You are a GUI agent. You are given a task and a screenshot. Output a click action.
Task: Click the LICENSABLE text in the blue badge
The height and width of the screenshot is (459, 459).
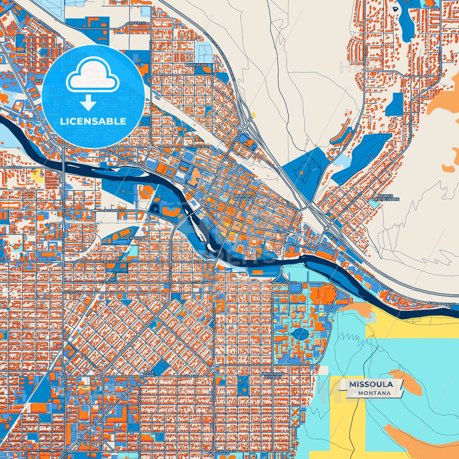coord(93,121)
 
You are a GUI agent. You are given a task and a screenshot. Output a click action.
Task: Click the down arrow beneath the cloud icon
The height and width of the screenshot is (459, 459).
coord(88,102)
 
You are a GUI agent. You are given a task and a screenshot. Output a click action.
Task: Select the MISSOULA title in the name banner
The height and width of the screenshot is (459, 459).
coord(371,384)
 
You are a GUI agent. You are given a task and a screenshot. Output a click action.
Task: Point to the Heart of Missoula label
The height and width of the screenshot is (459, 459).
coord(243,197)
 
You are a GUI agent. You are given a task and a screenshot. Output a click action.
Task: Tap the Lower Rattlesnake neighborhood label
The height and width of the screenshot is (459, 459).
coord(386,198)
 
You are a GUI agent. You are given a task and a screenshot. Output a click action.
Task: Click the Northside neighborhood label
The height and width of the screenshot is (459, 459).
coord(196,65)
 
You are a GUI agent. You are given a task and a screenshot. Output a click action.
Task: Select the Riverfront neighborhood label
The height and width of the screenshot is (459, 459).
coord(133,238)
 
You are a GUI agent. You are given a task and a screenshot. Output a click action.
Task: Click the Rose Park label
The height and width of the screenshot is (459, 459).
coord(149,374)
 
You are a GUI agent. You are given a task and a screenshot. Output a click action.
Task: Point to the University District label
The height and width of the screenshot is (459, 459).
coord(273,375)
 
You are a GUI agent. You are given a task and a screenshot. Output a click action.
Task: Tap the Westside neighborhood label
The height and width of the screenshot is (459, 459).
coord(45,81)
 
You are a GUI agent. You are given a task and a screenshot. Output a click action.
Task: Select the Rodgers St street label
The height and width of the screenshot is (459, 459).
coord(136,24)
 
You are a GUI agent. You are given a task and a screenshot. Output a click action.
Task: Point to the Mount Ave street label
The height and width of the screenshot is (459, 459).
coord(188,376)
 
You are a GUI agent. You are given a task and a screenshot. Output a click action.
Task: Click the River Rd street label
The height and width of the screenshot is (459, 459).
coord(15,167)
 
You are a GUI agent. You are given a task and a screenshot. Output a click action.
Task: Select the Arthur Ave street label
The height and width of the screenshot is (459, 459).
coord(272,305)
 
